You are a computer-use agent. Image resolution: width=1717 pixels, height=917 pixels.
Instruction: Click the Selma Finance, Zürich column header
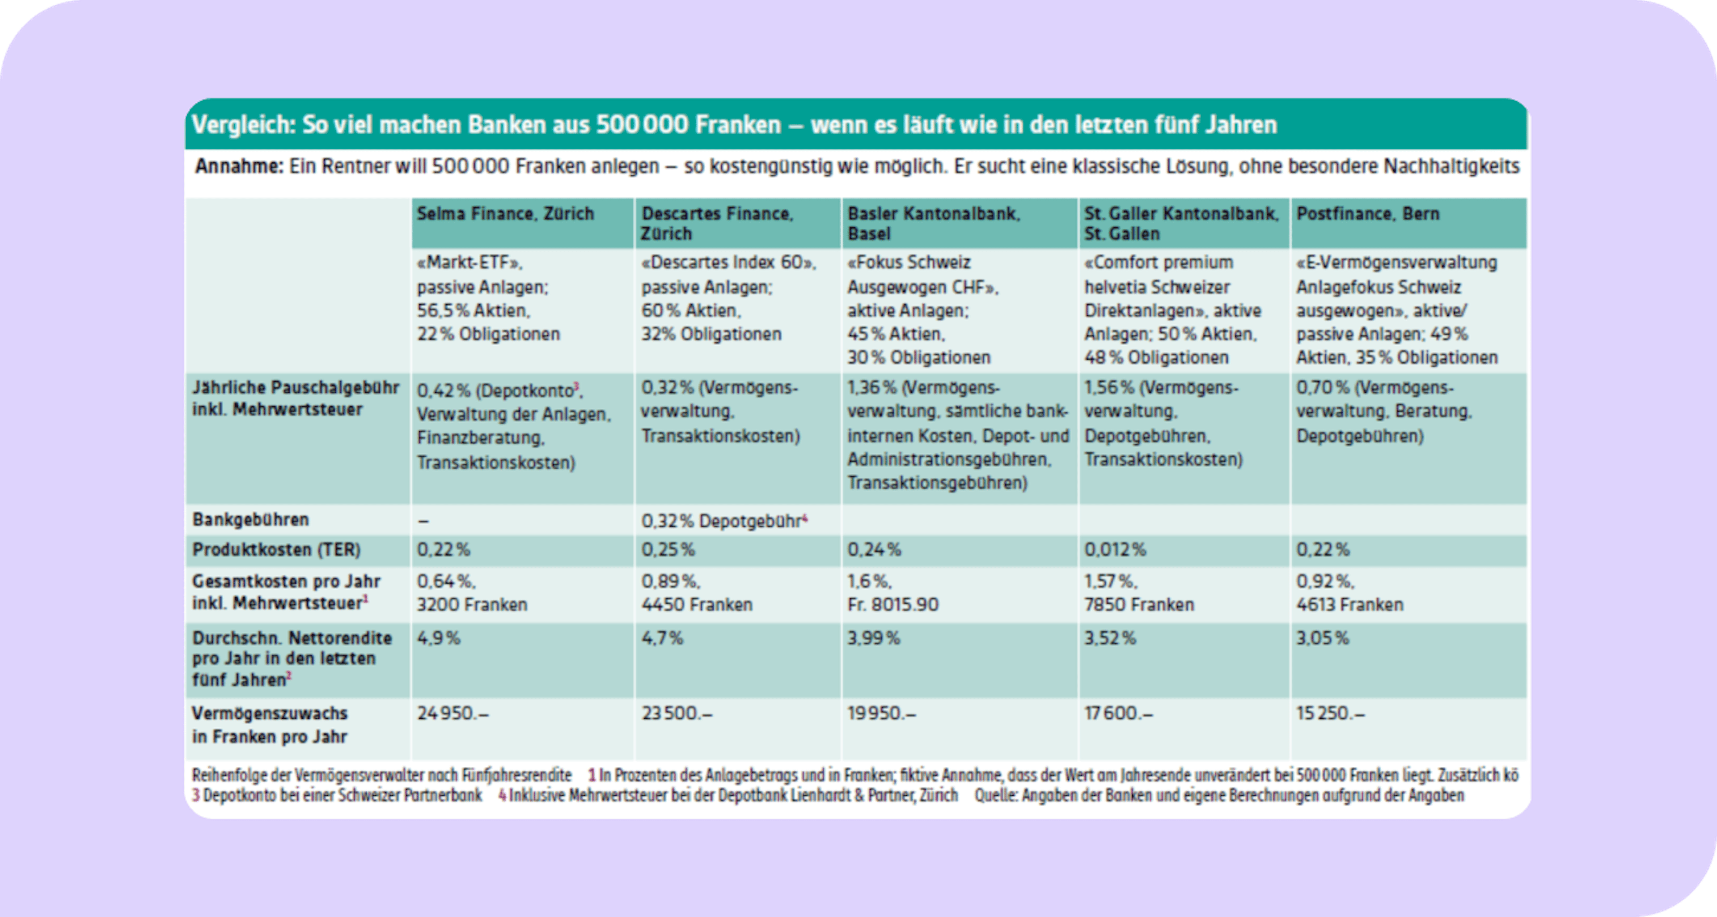click(504, 214)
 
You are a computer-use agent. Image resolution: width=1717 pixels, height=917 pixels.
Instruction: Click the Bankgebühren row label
click(250, 519)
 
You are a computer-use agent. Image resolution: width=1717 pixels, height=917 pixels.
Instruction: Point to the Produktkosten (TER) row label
click(276, 550)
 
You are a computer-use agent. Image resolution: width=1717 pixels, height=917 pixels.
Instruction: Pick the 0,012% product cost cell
click(1114, 550)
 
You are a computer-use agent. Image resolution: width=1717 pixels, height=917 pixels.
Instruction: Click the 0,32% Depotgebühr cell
click(723, 520)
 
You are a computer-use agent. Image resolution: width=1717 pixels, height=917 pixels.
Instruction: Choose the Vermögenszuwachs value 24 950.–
click(453, 713)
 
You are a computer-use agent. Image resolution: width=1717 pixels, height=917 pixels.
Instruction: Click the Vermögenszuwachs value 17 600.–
click(1118, 713)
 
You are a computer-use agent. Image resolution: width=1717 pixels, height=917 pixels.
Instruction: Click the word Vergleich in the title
click(243, 125)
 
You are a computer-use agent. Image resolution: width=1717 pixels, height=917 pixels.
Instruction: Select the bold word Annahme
click(239, 166)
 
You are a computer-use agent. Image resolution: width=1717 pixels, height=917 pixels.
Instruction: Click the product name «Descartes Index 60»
click(728, 263)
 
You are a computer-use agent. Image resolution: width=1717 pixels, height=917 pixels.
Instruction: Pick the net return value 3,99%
click(873, 638)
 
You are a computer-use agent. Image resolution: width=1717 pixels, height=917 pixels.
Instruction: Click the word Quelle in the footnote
click(995, 796)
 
